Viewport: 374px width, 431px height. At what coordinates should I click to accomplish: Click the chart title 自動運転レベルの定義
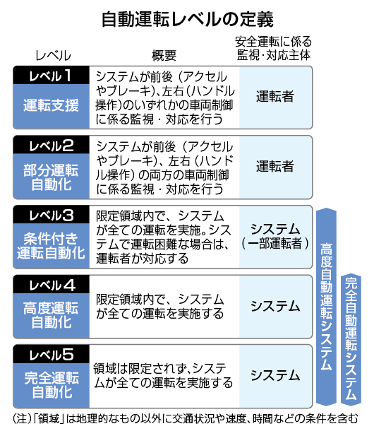187,19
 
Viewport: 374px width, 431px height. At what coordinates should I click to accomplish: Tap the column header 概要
164,56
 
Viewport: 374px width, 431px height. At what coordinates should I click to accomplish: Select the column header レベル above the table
53,56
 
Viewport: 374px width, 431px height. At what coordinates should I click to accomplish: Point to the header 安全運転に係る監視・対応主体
274,48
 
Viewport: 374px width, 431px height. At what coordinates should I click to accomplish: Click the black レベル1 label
51,76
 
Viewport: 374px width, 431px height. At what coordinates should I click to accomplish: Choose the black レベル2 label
51,145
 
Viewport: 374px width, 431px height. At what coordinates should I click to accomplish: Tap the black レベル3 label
51,215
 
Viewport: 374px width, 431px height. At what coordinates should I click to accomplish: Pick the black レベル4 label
51,285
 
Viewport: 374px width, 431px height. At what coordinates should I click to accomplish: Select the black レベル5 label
51,354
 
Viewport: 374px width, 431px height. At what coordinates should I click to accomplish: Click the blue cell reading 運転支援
51,106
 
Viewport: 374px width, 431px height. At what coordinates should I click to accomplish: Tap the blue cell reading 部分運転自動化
51,176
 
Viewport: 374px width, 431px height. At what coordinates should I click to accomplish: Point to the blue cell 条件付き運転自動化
51,246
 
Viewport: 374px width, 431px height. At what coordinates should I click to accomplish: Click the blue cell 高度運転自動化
51,316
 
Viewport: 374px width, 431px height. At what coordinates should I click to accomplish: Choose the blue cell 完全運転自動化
51,385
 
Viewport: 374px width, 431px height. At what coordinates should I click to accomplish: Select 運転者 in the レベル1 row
275,97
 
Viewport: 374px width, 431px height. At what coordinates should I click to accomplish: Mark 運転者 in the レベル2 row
275,166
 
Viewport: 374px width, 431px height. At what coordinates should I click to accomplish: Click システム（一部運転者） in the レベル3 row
275,237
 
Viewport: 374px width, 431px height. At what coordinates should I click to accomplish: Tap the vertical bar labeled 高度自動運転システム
326,307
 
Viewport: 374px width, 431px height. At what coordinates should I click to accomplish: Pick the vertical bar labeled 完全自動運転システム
351,339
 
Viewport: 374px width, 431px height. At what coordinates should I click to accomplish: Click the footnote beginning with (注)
186,419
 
